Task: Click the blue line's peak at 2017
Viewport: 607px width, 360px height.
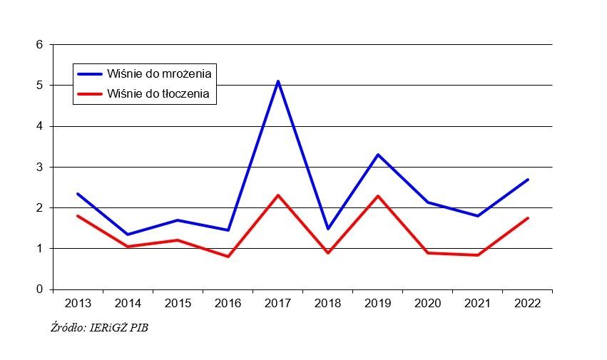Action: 278,81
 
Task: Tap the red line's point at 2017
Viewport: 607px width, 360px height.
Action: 278,195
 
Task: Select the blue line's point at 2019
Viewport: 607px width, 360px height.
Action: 378,155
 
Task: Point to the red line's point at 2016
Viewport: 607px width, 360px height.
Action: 228,257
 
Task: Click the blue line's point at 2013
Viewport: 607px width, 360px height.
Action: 78,194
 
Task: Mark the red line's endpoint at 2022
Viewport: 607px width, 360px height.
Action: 528,218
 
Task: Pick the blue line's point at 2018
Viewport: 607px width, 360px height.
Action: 328,229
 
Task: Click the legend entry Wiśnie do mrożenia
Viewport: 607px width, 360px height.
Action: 160,73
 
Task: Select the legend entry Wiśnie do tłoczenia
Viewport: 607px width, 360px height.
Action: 159,93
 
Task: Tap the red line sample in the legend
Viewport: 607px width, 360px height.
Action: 90,93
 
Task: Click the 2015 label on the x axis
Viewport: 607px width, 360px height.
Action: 178,304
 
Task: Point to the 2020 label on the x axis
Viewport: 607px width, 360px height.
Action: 428,304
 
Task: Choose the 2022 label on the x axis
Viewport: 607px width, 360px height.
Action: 528,304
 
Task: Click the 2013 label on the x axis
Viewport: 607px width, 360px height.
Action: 78,304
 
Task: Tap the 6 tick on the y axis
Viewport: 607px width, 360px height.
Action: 40,45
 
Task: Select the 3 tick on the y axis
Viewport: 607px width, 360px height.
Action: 40,168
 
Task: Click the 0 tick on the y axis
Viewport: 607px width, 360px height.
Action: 40,289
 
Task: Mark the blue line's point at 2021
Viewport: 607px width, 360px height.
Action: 478,216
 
